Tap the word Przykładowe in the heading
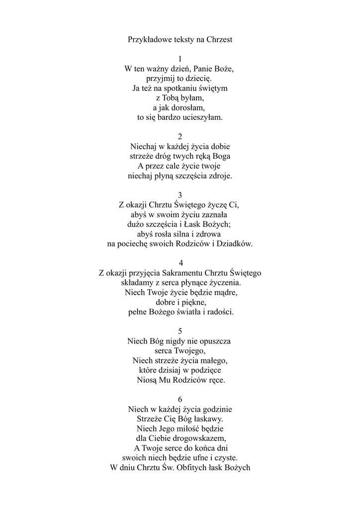point(149,39)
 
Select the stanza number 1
point(180,59)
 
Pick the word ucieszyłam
point(203,118)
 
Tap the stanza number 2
point(180,137)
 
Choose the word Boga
point(220,157)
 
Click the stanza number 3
point(180,195)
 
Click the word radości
point(219,312)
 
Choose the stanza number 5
point(180,331)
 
